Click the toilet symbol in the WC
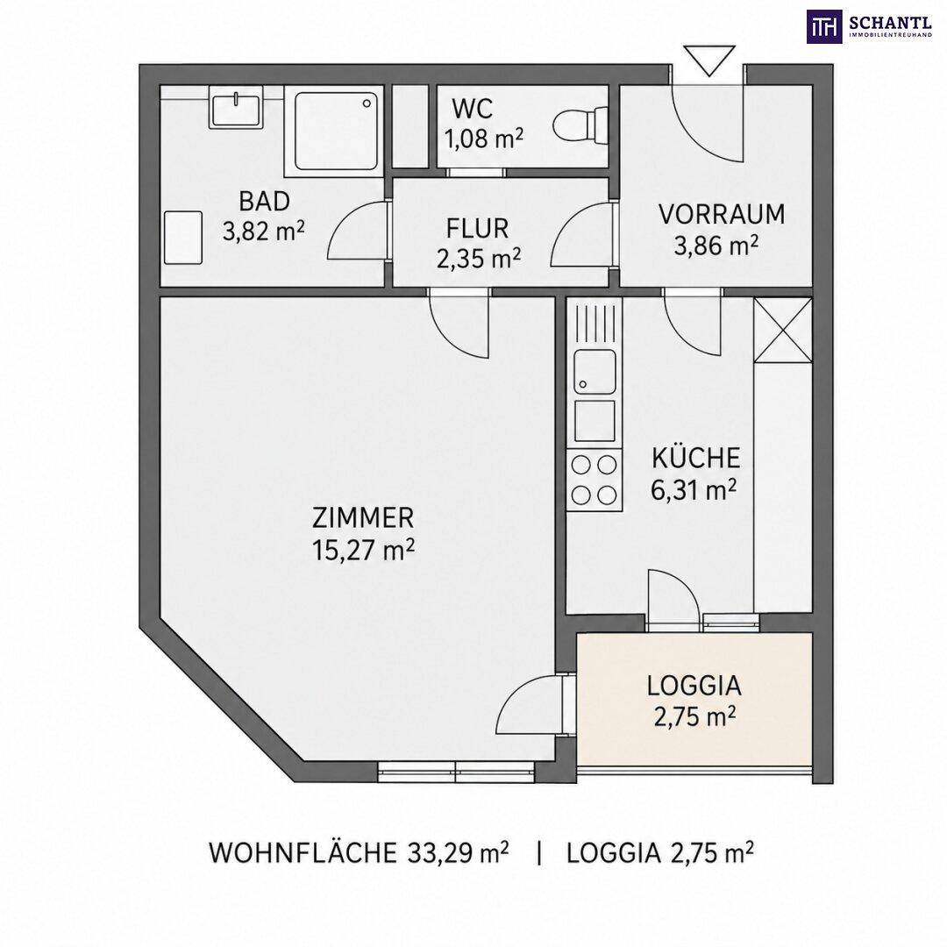(x=580, y=125)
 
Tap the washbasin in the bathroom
(x=236, y=107)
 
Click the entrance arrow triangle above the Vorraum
(x=709, y=61)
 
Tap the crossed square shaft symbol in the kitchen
(x=783, y=330)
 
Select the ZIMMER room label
(x=363, y=518)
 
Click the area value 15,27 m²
(x=363, y=550)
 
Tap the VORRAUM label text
(x=721, y=215)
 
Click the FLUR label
(x=477, y=228)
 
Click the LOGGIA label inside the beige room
(x=694, y=686)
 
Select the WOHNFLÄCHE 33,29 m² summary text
(x=359, y=853)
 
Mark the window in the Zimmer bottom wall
(x=456, y=772)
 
